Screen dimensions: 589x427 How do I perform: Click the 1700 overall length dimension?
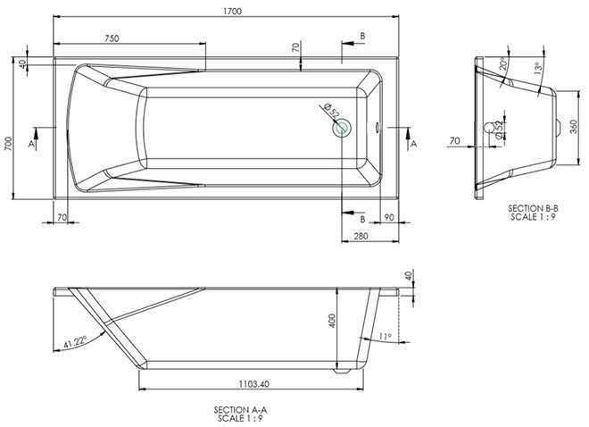pyautogui.click(x=233, y=12)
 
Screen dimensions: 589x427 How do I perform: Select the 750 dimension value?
pyautogui.click(x=112, y=38)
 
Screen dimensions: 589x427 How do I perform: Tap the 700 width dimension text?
pyautogui.click(x=8, y=144)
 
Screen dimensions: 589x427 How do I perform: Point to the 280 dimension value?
pyautogui.click(x=361, y=236)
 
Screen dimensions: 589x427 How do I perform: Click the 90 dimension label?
pyautogui.click(x=389, y=218)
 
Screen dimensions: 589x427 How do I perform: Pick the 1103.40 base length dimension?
pyautogui.click(x=254, y=384)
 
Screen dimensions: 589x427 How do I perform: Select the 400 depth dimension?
pyautogui.click(x=332, y=321)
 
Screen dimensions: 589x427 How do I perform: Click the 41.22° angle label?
pyautogui.click(x=75, y=341)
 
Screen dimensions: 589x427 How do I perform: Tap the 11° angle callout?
pyautogui.click(x=385, y=337)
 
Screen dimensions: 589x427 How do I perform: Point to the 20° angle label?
pyautogui.click(x=503, y=63)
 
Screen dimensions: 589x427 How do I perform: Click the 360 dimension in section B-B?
pyautogui.click(x=574, y=127)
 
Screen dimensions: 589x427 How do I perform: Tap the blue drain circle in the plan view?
pyautogui.click(x=342, y=129)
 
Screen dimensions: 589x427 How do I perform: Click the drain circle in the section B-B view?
pyautogui.click(x=489, y=128)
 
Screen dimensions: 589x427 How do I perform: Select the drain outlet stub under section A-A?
pyautogui.click(x=342, y=371)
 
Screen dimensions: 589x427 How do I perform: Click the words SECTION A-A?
pyautogui.click(x=240, y=410)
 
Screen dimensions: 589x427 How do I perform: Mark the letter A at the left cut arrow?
pyautogui.click(x=31, y=144)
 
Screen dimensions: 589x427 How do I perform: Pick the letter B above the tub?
pyautogui.click(x=362, y=36)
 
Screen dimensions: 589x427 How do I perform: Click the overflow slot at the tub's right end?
pyautogui.click(x=377, y=128)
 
